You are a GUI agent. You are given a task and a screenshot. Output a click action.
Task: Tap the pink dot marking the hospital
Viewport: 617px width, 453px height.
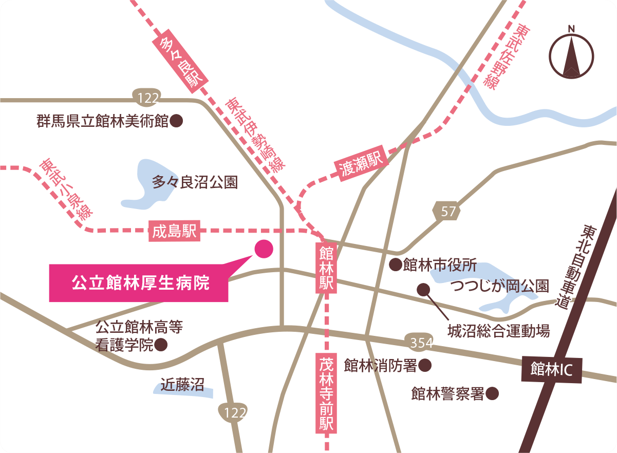tap(264, 249)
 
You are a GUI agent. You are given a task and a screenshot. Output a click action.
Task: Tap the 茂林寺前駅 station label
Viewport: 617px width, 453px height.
tap(327, 392)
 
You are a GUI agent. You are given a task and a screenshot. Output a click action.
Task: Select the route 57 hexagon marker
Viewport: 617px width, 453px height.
tap(447, 211)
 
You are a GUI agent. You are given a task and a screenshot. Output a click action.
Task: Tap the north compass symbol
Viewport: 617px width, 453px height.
tap(571, 52)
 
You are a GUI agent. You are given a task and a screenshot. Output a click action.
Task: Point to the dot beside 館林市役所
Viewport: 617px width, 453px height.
tap(395, 265)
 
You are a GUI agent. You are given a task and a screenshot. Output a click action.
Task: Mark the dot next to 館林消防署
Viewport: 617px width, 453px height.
tap(424, 365)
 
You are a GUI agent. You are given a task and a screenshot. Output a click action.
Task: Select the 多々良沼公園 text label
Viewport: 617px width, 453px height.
tap(195, 182)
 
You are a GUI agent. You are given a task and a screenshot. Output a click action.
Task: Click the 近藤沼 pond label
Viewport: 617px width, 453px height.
tap(182, 384)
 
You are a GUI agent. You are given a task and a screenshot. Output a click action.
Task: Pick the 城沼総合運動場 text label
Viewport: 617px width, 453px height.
tap(498, 330)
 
